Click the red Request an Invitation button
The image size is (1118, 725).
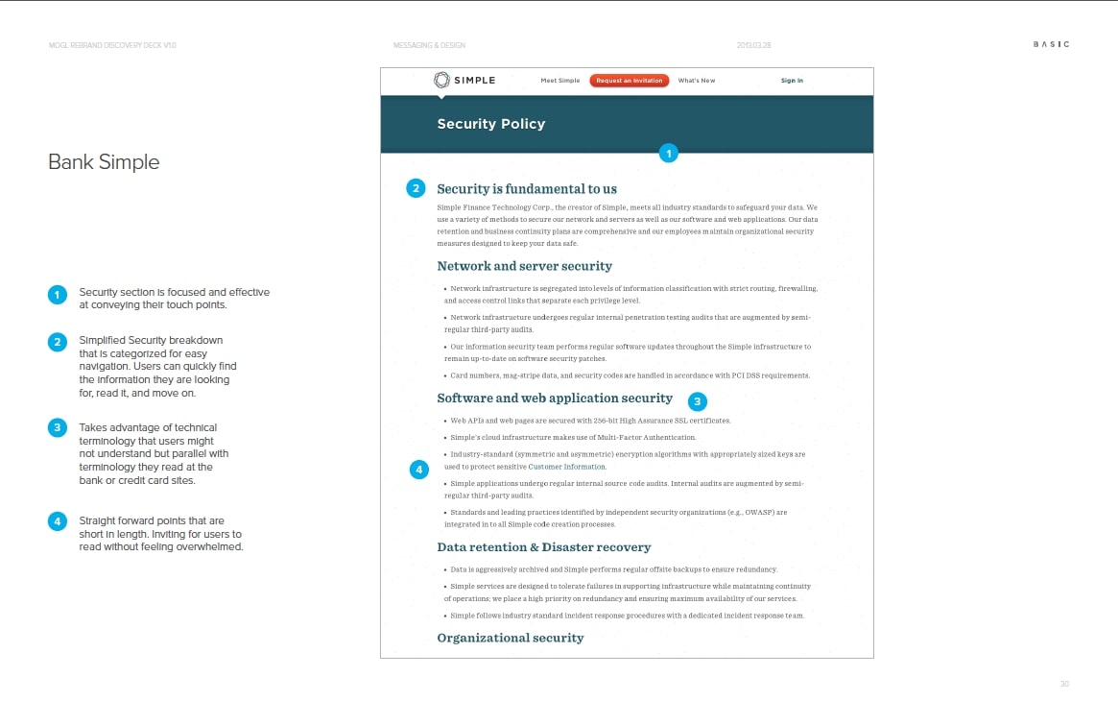(629, 81)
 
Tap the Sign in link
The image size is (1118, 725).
(792, 81)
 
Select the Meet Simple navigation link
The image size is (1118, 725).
(560, 81)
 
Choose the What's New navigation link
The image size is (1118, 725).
(697, 81)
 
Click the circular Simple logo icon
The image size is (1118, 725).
(441, 80)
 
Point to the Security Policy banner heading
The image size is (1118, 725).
(491, 124)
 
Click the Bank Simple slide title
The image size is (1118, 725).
(104, 162)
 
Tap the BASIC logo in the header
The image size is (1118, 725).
(1051, 44)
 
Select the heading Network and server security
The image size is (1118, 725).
(524, 266)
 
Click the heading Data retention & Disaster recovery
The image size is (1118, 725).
(544, 547)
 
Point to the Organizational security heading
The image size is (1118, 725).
(511, 638)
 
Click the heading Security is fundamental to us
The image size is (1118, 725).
(527, 189)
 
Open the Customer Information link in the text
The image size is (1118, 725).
(567, 467)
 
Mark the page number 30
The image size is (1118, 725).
(1064, 684)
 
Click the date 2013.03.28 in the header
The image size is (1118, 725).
(755, 45)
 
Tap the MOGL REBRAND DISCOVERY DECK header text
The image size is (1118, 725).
(112, 45)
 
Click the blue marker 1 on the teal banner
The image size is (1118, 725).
(669, 152)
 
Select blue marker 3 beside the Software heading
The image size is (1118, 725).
(699, 401)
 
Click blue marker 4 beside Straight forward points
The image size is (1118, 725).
(58, 521)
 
